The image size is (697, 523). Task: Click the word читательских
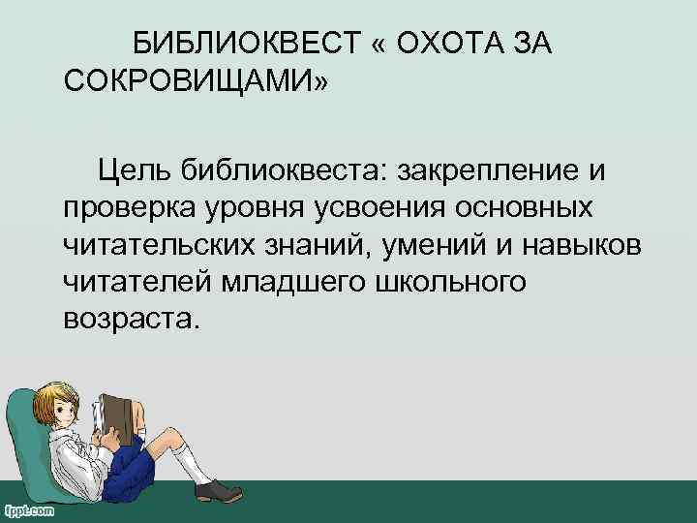pyautogui.click(x=160, y=245)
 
